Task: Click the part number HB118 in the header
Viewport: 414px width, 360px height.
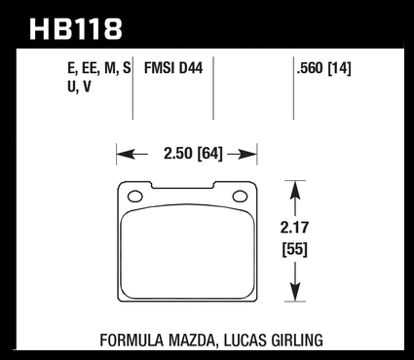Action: click(x=76, y=29)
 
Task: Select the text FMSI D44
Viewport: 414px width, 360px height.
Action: click(x=173, y=68)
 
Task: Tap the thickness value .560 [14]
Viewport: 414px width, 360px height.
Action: click(x=323, y=68)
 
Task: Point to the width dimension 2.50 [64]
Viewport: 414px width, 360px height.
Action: click(x=193, y=154)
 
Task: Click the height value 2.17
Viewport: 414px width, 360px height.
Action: click(x=294, y=228)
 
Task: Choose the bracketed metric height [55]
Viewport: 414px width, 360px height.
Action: click(x=294, y=249)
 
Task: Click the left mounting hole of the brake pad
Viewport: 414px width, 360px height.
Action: click(x=135, y=197)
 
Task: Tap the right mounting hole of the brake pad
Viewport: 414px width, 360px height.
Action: click(x=241, y=197)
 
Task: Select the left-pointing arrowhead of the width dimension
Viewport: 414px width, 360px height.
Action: click(x=126, y=155)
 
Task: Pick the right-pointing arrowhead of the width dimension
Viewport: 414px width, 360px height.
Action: click(x=248, y=155)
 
